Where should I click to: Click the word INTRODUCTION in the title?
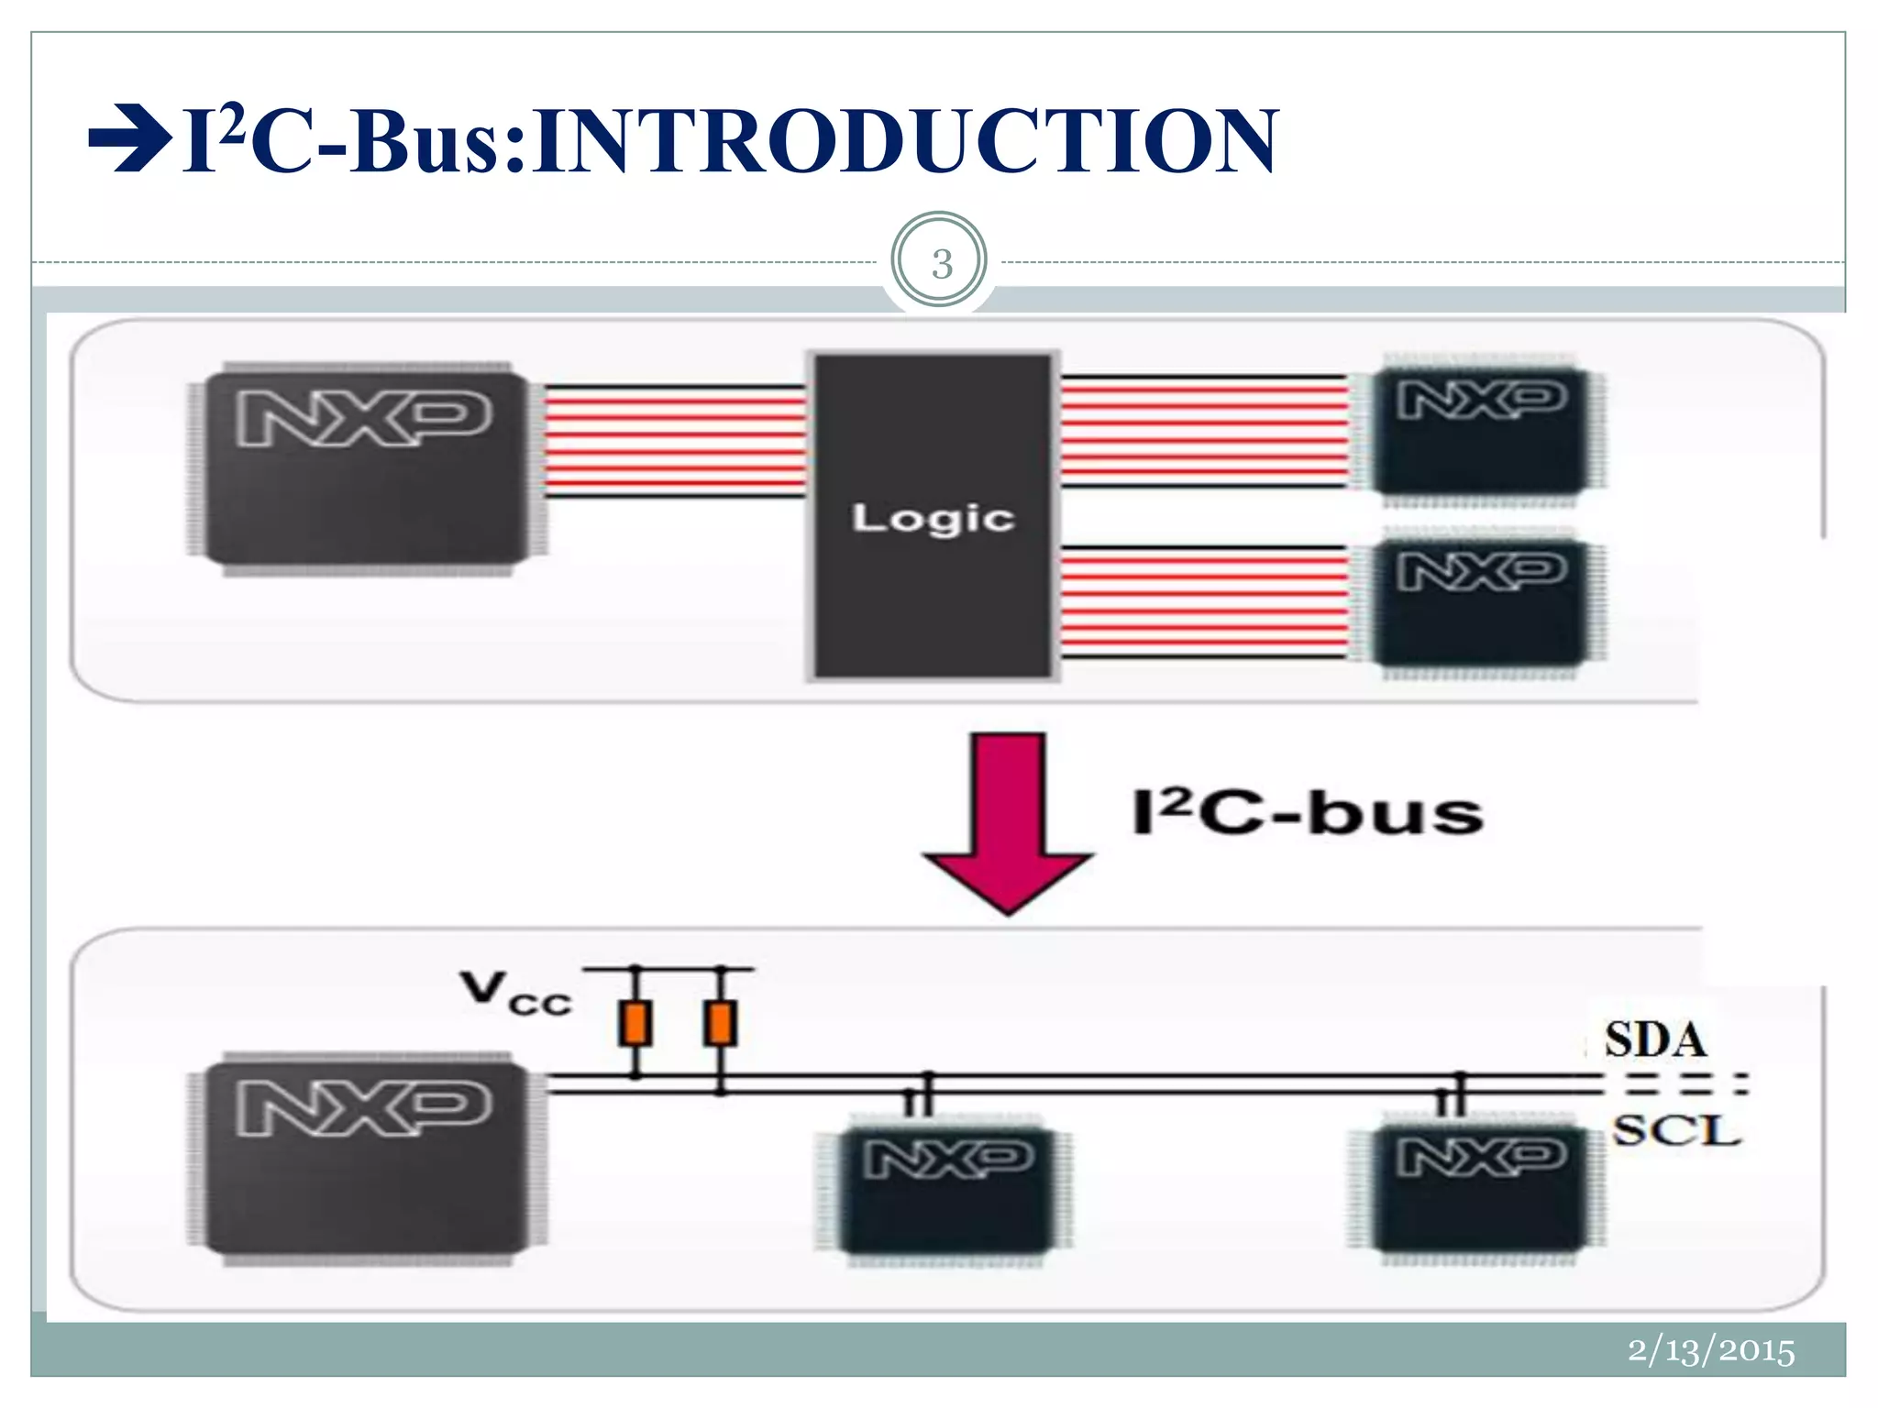click(x=903, y=142)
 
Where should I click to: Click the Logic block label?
click(x=933, y=518)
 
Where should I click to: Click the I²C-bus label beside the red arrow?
click(x=1307, y=812)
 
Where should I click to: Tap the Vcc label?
click(x=515, y=994)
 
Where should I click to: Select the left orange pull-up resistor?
click(x=635, y=1024)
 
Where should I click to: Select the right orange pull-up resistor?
click(x=720, y=1024)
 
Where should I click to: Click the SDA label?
click(x=1654, y=1040)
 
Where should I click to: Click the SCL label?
click(x=1676, y=1130)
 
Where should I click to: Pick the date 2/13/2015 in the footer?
click(x=1710, y=1350)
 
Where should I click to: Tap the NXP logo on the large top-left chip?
click(x=363, y=418)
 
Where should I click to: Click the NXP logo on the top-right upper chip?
click(x=1481, y=400)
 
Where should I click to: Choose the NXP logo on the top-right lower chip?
click(x=1481, y=571)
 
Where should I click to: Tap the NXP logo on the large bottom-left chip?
click(x=363, y=1106)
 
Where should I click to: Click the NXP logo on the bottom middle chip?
click(x=947, y=1159)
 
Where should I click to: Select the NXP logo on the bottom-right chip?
click(x=1481, y=1156)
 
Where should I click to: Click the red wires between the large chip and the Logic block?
click(x=675, y=442)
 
